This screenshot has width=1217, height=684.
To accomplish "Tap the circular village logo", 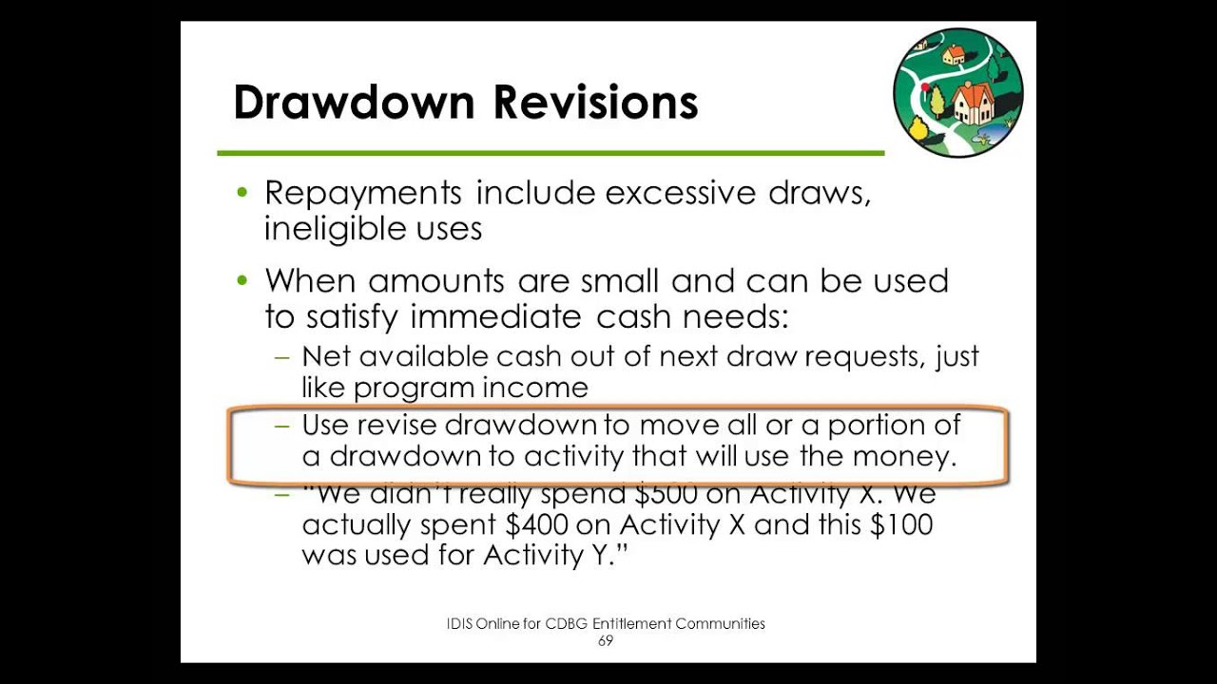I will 958,92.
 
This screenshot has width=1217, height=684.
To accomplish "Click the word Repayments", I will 362,194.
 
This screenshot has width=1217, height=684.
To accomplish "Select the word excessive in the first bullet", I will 680,193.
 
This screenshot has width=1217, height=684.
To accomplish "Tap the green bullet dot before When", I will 242,280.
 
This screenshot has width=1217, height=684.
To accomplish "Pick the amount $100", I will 900,524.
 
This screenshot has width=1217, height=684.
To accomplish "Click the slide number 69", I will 606,641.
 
